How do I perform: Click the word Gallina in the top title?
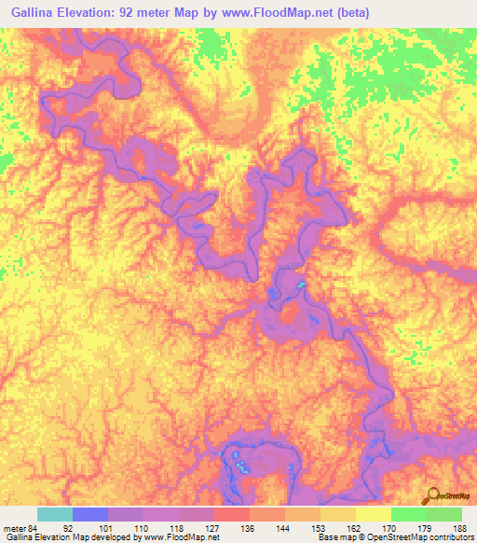pyautogui.click(x=30, y=12)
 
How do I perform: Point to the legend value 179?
pyautogui.click(x=425, y=527)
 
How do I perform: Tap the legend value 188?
pyautogui.click(x=460, y=527)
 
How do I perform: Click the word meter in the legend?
pyautogui.click(x=13, y=527)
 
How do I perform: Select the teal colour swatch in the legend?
pyautogui.click(x=55, y=514)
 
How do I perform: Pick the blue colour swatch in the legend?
pyautogui.click(x=90, y=514)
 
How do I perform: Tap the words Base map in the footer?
pyautogui.click(x=334, y=537)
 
